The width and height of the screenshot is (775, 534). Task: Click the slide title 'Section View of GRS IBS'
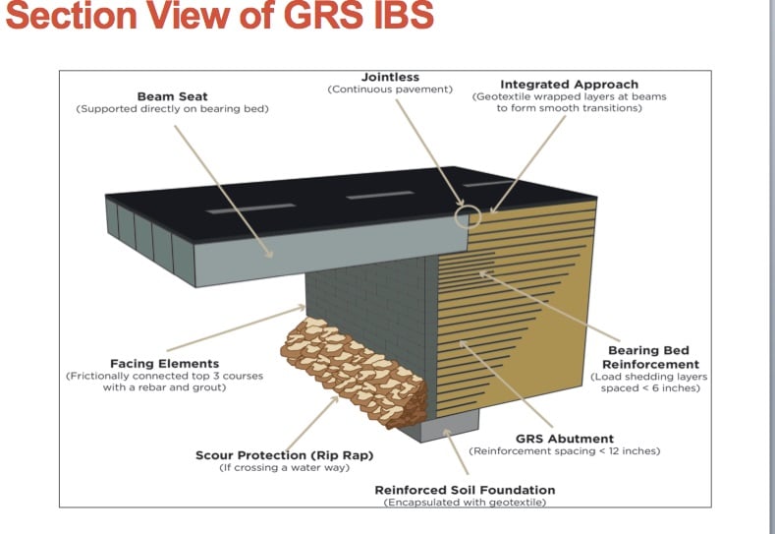[x=218, y=18]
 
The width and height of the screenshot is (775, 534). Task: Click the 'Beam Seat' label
[x=172, y=96]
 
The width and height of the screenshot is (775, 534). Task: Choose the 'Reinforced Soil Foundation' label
[x=465, y=489]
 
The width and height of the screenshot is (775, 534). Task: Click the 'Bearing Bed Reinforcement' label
[x=648, y=357]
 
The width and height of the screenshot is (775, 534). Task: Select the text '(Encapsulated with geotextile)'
[x=465, y=502]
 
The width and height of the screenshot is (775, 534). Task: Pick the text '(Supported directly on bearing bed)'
[x=172, y=108]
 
